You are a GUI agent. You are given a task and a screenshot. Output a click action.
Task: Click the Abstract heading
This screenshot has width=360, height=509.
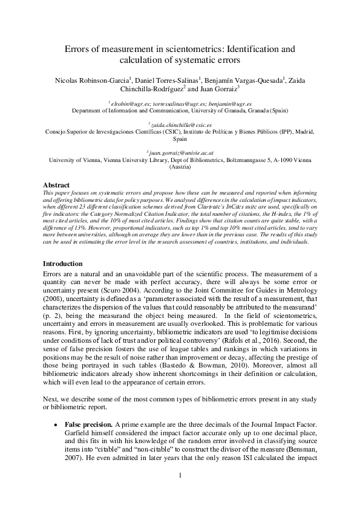[58, 184]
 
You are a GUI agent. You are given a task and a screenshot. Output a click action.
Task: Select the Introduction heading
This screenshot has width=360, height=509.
[65, 264]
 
